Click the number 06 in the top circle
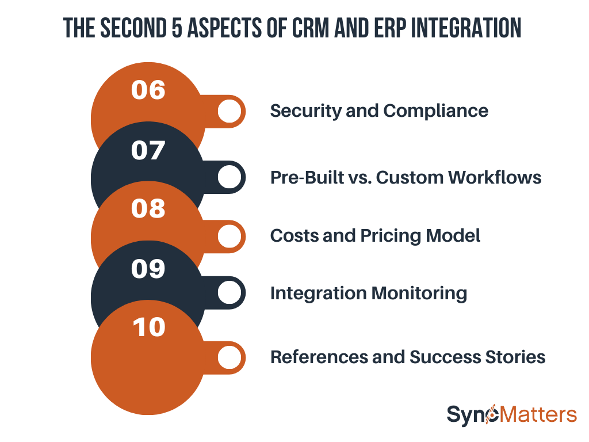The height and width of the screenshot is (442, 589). tap(148, 90)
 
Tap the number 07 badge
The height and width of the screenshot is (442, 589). tap(148, 150)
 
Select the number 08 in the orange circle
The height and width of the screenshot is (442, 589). tap(148, 209)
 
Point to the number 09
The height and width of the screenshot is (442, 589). tap(148, 269)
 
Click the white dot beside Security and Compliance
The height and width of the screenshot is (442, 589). tap(230, 111)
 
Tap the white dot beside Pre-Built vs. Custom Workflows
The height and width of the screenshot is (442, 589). tap(230, 177)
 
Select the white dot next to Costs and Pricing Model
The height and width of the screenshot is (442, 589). tap(230, 235)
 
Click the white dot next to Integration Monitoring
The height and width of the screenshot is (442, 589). tap(230, 293)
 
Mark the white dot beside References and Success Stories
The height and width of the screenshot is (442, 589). tap(230, 357)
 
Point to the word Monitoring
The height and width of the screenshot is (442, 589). tap(419, 294)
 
